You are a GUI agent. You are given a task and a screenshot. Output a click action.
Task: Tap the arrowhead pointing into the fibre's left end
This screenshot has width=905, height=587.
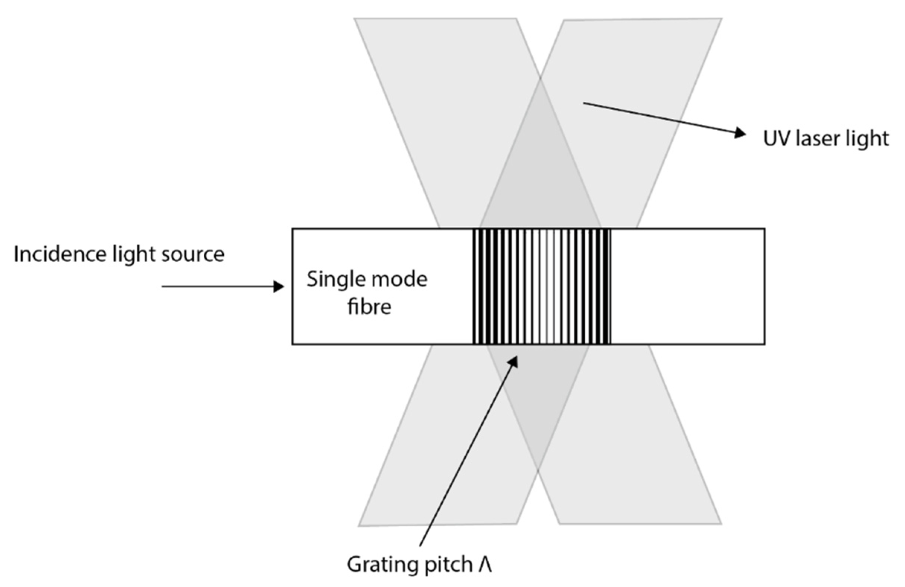point(279,287)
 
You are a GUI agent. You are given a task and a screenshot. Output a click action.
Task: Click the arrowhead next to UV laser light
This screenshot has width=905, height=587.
point(740,133)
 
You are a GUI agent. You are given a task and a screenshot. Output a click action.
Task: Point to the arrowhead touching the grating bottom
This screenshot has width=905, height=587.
point(514,361)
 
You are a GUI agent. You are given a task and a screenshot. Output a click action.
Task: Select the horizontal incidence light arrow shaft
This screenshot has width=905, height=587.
point(217,287)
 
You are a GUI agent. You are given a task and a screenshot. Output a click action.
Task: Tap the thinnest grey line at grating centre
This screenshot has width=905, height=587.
point(547,287)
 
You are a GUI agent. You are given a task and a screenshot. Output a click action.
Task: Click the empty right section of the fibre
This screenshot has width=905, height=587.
point(688,287)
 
